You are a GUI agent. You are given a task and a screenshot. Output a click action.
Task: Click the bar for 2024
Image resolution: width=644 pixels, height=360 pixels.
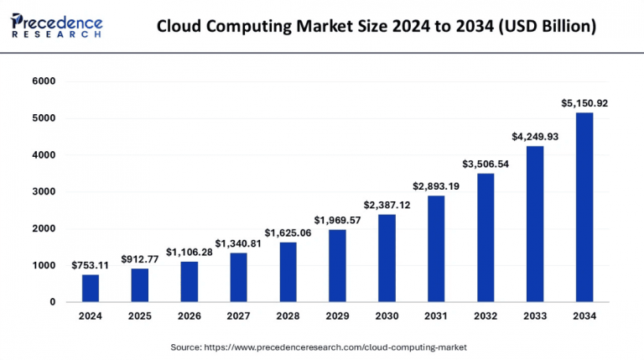point(91,288)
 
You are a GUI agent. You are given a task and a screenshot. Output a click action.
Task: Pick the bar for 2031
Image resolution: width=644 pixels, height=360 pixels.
point(436,248)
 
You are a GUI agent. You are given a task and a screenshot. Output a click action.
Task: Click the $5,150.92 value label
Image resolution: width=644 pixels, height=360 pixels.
point(584,103)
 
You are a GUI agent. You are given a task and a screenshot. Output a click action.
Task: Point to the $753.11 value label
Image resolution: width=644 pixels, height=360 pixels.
point(91,265)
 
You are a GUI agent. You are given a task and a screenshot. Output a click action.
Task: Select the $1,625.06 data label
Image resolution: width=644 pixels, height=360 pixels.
point(288,232)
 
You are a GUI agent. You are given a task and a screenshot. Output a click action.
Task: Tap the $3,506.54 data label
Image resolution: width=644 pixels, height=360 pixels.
point(486,164)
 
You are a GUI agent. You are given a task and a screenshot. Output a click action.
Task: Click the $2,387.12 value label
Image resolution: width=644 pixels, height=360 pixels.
point(387,205)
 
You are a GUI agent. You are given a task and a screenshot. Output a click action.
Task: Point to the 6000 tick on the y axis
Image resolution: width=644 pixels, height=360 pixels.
point(44,81)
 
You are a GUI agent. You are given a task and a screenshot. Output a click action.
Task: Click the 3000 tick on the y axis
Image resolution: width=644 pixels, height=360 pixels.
point(44,192)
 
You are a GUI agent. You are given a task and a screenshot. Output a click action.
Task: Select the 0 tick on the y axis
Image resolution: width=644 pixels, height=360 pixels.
point(52,302)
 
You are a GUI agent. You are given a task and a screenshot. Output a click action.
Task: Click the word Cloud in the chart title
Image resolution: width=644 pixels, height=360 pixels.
point(183,27)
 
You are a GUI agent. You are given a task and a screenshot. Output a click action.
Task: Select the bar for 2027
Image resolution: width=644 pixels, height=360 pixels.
point(238,277)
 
